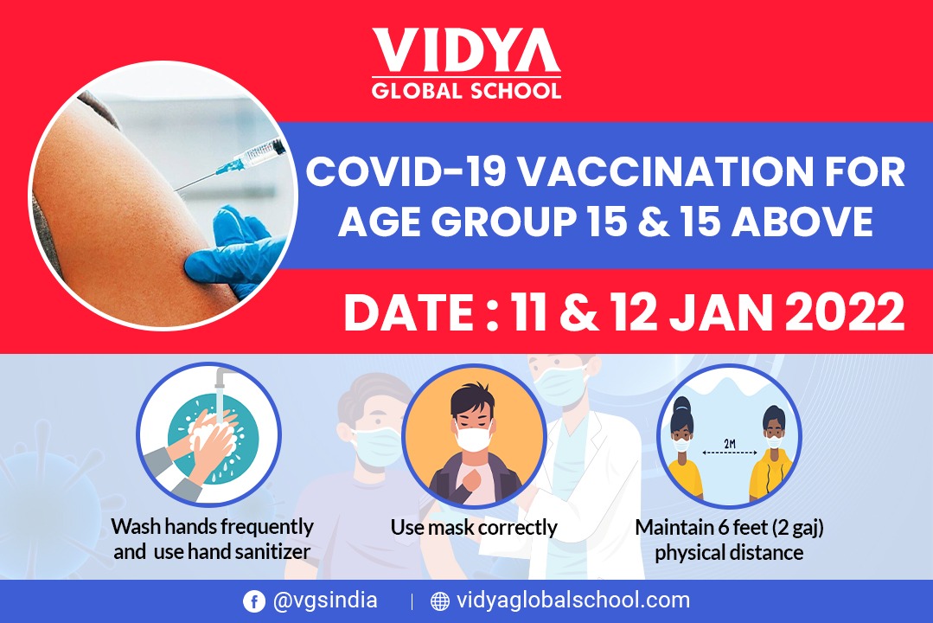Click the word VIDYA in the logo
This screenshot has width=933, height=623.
coord(466,50)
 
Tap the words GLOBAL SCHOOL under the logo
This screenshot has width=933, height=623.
coord(466,91)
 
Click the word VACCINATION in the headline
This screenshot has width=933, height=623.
coord(663,171)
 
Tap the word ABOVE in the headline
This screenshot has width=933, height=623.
coord(802,222)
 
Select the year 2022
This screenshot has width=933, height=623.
coord(845,312)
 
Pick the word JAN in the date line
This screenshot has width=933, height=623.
coord(722,312)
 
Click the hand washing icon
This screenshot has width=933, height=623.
coord(209,434)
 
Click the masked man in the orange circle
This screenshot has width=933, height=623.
coord(474,444)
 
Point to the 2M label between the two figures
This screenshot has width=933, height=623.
coord(730,444)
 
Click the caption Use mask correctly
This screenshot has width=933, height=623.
coord(474,528)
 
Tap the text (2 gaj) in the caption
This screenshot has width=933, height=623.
coord(797,528)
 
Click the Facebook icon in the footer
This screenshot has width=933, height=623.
coord(253,601)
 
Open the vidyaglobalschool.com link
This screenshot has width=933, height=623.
coord(572,601)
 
